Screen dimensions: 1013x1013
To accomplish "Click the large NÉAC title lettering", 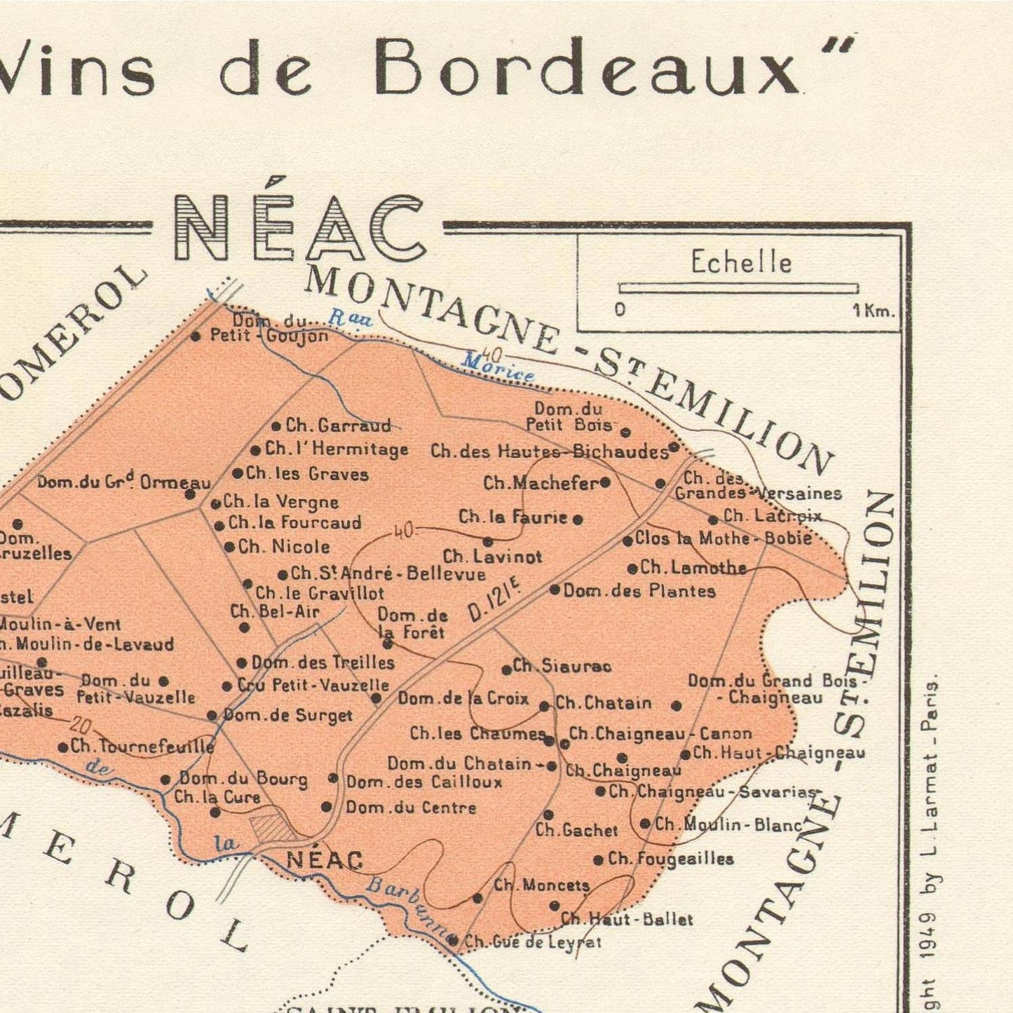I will [300, 227].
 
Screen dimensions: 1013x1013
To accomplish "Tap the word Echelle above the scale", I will [741, 263].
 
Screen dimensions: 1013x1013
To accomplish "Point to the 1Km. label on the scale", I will [873, 311].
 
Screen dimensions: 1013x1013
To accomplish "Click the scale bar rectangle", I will [738, 288].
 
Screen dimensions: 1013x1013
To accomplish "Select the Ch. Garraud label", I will [338, 426].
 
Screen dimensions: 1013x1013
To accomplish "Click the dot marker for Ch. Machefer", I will [605, 482].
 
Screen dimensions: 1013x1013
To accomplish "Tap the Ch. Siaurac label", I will [562, 666].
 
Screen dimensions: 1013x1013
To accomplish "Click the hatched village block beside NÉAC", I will [274, 827].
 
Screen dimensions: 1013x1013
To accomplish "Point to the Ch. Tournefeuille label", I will [142, 747].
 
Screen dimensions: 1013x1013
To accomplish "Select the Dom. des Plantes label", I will [639, 591].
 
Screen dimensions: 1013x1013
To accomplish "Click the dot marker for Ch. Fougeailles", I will [598, 859].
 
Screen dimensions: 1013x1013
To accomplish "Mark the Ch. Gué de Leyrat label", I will [533, 942].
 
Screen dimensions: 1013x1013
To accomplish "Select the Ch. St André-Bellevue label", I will [388, 574].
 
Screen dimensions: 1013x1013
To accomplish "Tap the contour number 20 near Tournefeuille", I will [81, 726].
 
